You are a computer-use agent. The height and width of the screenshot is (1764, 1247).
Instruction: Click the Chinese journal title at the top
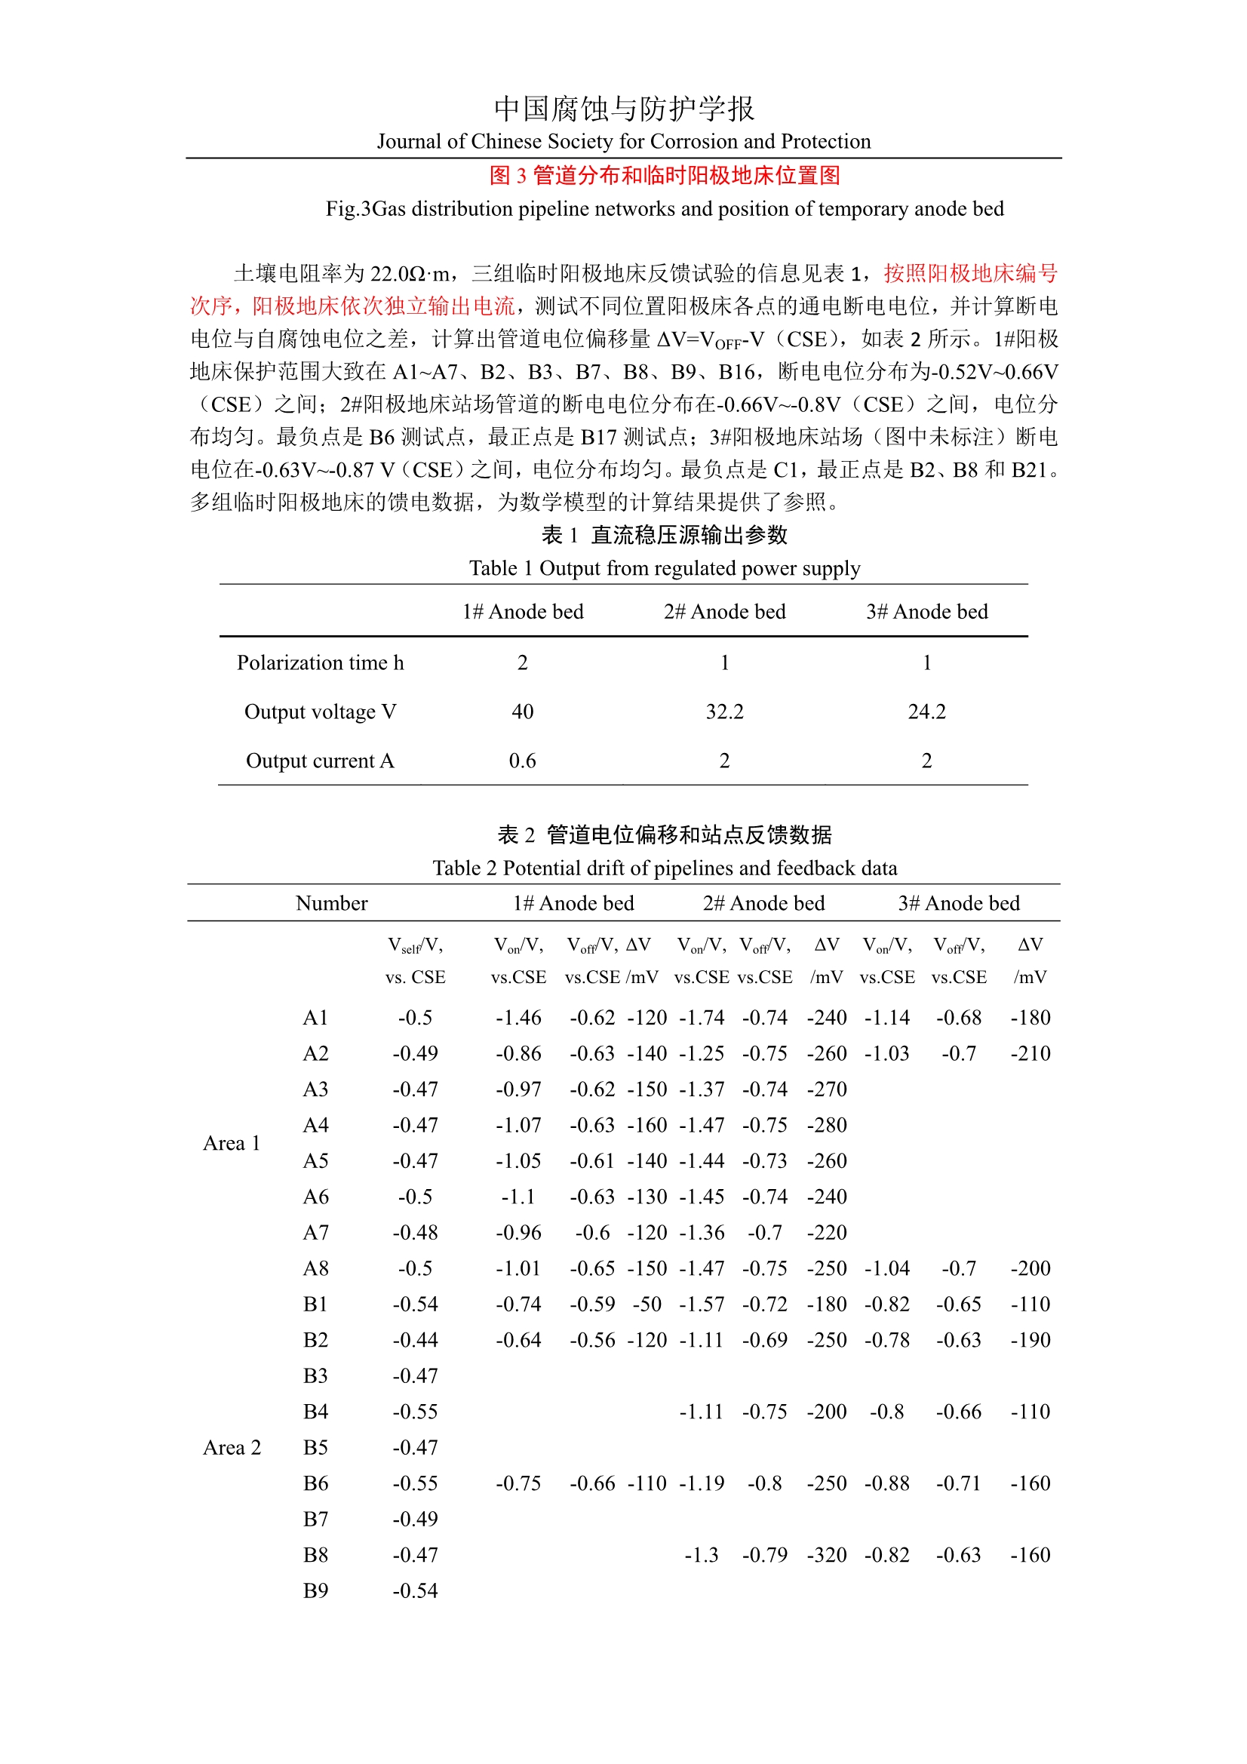click(624, 109)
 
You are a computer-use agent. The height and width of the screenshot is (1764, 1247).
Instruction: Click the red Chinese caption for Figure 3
click(665, 175)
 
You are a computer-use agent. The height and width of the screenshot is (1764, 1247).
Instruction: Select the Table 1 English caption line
click(665, 568)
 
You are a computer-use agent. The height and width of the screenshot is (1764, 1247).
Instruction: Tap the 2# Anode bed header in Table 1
click(724, 612)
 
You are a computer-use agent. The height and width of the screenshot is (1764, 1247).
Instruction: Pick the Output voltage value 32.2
click(724, 711)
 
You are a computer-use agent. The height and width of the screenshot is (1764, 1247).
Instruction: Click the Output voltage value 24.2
click(926, 711)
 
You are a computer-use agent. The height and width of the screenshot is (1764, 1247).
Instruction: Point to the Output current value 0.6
click(523, 761)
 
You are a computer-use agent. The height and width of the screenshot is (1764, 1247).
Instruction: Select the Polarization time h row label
click(320, 662)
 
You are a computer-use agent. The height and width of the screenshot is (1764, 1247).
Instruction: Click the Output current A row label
click(320, 761)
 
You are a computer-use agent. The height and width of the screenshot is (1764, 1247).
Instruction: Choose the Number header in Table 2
click(331, 904)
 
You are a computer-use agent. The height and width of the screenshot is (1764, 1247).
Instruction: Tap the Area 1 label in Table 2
click(232, 1143)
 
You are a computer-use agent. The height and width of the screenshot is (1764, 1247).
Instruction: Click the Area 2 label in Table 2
click(232, 1447)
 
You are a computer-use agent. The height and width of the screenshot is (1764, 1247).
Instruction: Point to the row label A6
click(316, 1196)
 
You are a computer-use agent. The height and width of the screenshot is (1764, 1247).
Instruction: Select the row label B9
click(316, 1590)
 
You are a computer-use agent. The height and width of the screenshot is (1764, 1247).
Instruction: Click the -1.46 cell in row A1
click(518, 1018)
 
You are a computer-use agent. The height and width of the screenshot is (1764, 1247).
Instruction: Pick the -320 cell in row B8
click(827, 1555)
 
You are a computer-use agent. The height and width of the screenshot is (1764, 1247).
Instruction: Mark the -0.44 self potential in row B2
click(415, 1340)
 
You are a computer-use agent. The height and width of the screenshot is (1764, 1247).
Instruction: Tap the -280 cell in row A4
click(827, 1125)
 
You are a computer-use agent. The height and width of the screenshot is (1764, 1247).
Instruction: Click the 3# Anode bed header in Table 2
click(959, 904)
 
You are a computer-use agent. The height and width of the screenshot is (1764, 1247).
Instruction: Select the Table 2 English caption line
click(665, 868)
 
